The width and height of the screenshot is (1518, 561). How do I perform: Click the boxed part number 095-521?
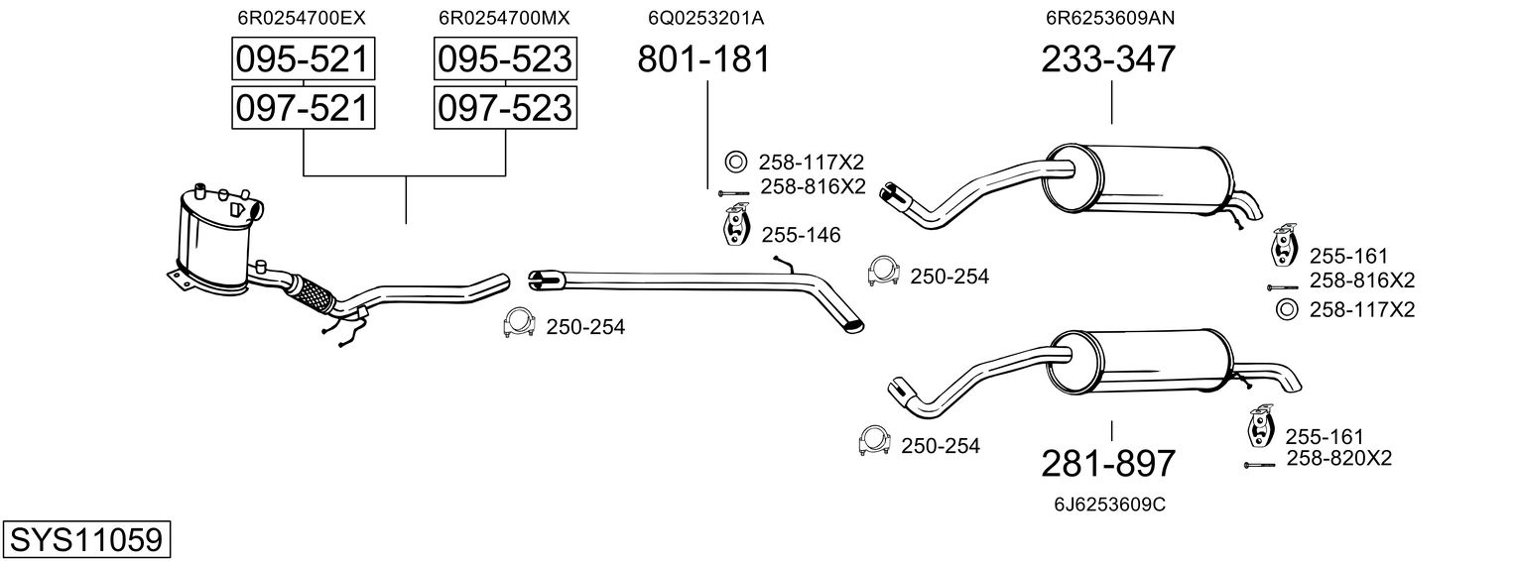click(x=302, y=59)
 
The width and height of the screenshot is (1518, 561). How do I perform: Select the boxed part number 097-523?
click(x=505, y=107)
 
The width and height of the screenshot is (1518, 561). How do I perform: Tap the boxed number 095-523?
click(x=505, y=59)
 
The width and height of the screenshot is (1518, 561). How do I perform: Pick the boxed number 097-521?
click(x=302, y=107)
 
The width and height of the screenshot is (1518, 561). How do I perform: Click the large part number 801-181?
click(x=702, y=59)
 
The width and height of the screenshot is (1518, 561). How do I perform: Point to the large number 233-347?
click(x=1108, y=59)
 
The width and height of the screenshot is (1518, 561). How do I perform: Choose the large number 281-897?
click(x=1108, y=464)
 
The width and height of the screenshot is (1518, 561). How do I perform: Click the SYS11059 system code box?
click(x=85, y=540)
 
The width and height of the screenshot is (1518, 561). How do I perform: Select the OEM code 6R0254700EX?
click(x=302, y=18)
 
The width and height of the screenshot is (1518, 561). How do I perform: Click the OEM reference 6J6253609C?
click(x=1108, y=505)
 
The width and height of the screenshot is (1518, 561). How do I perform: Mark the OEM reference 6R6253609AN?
click(x=1108, y=18)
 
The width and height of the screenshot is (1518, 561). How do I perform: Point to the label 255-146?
click(x=801, y=236)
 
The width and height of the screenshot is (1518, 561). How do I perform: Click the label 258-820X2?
click(x=1338, y=458)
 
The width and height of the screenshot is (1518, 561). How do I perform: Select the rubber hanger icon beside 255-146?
click(x=733, y=226)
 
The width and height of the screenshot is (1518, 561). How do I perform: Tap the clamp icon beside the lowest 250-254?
click(x=874, y=443)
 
